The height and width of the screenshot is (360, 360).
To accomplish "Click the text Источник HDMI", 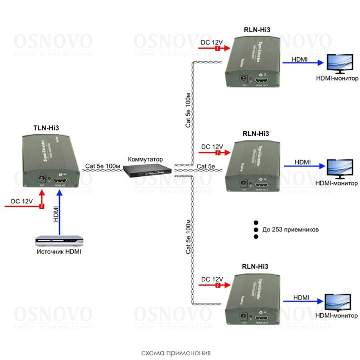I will click(59, 252).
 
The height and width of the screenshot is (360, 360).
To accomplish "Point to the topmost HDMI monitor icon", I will click(339, 63).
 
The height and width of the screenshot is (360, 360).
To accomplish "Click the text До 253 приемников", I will click(290, 229).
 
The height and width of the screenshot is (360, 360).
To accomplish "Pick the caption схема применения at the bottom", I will click(176, 352).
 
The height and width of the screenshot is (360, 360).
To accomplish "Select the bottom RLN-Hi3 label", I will click(255, 267).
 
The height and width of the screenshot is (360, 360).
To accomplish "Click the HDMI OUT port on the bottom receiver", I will click(262, 318).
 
